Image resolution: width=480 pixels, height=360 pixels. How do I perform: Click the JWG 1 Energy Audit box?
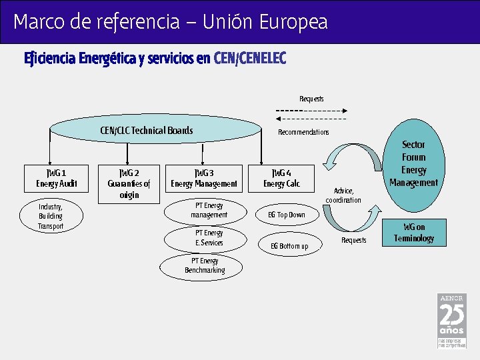coord(57,178)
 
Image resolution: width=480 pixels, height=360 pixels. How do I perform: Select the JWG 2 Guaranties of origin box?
coord(129,183)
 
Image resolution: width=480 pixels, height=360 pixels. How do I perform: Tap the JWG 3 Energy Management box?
coord(204,178)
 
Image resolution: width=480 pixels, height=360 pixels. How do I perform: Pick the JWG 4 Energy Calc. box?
coord(281,178)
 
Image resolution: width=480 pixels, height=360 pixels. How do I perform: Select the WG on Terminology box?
coord(413,233)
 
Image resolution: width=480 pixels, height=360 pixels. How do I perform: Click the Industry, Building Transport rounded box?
coord(51,217)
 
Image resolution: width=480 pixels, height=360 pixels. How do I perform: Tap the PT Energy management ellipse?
coord(209,210)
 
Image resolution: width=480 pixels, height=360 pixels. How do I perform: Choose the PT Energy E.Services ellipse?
coord(209,238)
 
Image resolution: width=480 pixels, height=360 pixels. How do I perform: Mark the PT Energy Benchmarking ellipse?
coord(204,265)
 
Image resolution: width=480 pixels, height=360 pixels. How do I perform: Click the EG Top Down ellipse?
coord(286,215)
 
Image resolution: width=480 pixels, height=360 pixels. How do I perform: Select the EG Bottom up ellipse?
coord(289,246)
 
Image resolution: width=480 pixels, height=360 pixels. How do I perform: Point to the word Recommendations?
coord(303,132)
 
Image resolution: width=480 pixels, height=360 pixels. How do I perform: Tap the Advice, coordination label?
coord(343,195)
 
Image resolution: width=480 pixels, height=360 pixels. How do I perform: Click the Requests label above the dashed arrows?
coord(311,99)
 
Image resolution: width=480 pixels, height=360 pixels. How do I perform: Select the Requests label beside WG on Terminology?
coord(353,240)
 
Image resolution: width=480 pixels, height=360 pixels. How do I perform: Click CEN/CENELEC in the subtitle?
coord(250,59)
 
